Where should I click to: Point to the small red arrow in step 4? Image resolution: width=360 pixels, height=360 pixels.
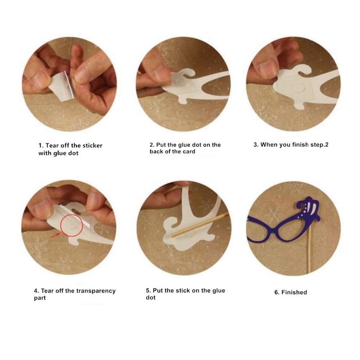(x=55, y=235)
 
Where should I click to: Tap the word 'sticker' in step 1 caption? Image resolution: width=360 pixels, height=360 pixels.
(x=92, y=145)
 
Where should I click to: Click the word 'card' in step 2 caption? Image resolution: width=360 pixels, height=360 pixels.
(x=189, y=152)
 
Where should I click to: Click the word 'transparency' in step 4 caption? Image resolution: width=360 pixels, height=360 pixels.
(x=96, y=291)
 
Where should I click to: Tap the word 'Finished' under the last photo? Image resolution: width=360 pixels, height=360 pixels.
(x=294, y=292)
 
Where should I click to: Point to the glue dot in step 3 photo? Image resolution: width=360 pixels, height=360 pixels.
(x=298, y=87)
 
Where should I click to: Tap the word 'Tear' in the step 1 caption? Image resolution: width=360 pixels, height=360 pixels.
(x=52, y=145)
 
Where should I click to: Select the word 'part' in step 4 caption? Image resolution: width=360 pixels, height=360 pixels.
(x=40, y=298)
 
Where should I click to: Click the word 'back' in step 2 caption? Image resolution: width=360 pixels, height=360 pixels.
(x=156, y=152)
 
